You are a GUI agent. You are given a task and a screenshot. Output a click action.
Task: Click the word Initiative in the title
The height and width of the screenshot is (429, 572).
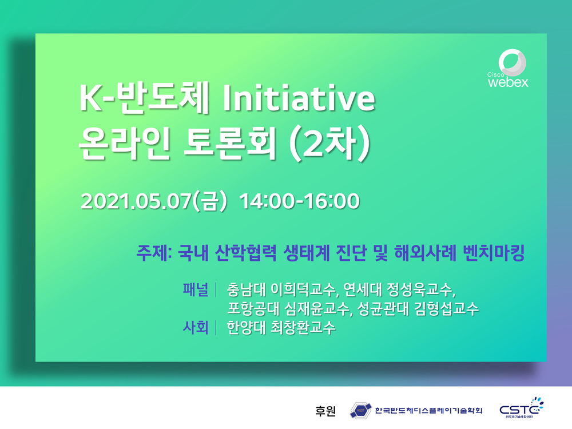click(x=299, y=98)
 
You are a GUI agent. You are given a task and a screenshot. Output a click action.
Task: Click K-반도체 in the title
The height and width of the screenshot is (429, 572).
click(x=144, y=97)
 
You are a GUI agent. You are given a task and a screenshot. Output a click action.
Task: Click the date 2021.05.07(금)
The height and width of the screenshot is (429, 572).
click(x=153, y=201)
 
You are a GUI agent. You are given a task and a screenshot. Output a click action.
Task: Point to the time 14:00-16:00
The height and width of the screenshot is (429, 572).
click(x=300, y=201)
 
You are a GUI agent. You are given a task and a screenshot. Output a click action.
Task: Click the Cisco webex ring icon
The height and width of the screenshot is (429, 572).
click(x=512, y=62)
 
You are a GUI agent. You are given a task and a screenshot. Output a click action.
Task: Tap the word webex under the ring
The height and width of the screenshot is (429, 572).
click(x=508, y=82)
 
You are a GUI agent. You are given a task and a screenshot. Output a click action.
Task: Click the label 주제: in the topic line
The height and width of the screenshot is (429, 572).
click(x=154, y=253)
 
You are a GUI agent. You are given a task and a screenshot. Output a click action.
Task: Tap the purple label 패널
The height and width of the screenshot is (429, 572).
click(x=196, y=289)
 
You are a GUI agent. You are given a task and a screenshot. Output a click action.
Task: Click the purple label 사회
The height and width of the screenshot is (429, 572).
click(x=196, y=327)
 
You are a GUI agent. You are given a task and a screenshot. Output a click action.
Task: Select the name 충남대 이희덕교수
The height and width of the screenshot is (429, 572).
click(x=281, y=289)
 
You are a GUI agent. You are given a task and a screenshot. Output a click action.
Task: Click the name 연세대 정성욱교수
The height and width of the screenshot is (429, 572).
click(x=398, y=289)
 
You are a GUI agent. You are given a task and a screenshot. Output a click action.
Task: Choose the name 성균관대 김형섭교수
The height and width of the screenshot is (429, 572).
click(x=418, y=309)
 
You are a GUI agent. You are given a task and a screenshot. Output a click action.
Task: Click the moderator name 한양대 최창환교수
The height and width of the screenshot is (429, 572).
click(x=281, y=328)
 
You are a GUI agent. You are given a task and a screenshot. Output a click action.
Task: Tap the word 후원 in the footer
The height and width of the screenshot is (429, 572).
click(x=325, y=411)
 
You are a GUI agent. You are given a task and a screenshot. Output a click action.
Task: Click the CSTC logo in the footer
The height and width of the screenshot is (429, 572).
click(x=521, y=407)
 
